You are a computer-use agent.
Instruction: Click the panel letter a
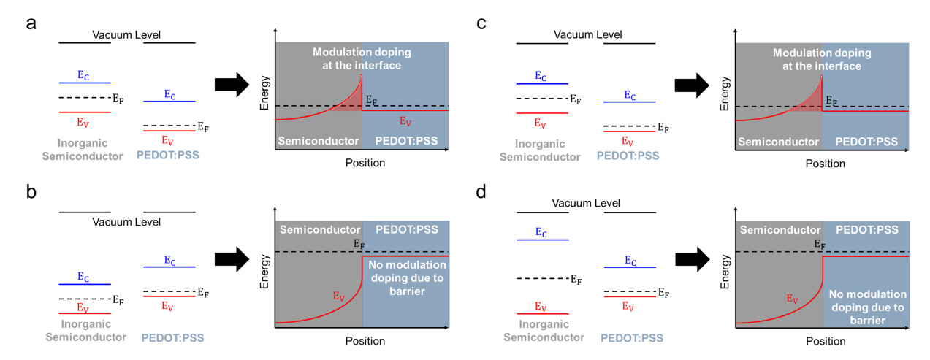(31, 23)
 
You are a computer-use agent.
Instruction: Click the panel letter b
(31, 194)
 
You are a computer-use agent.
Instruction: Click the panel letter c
(481, 23)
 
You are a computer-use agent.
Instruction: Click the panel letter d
(481, 194)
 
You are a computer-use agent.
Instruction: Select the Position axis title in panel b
(365, 341)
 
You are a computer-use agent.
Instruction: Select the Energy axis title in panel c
(724, 96)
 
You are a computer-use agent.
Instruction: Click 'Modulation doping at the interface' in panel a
(362, 58)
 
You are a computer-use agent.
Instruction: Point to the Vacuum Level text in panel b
(126, 221)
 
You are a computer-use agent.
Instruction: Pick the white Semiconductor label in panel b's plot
(319, 229)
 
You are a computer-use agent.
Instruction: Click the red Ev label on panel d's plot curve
(792, 299)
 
